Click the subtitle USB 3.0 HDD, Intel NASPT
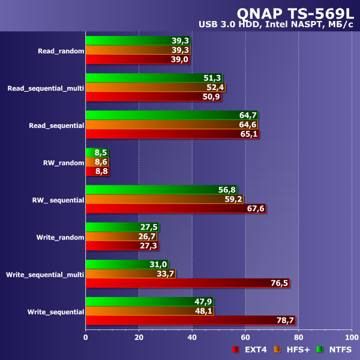pos(277,25)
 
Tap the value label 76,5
pos(278,283)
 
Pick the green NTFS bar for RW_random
pos(97,152)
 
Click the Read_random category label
pos(61,51)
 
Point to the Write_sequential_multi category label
pos(45,274)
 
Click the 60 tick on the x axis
pos(245,338)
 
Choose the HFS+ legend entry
pos(294,350)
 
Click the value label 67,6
pos(255,209)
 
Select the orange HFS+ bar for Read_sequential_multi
pos(155,88)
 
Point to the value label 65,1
pos(248,134)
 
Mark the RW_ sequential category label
pos(59,200)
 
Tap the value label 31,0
pos(158,265)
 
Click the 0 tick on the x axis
pos(86,338)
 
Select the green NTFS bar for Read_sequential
pos(171,115)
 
